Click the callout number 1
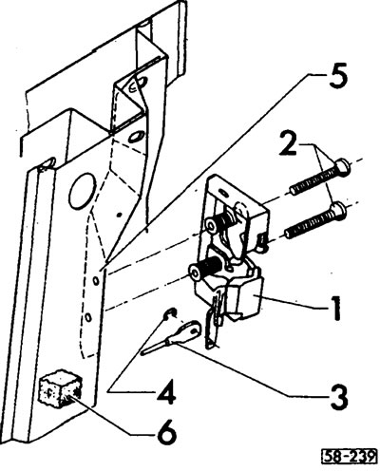coord(335,308)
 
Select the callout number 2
coord(289,143)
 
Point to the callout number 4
coord(166,392)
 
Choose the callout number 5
coord(338,76)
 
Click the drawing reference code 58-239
coord(350,457)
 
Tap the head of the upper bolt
coord(343,166)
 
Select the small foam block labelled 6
coord(60,388)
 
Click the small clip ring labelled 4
coord(170,313)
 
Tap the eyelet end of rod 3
coord(189,330)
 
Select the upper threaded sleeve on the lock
coord(219,221)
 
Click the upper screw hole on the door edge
coord(95,280)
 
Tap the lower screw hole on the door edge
coord(88,316)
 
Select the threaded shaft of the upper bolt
coord(313,181)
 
